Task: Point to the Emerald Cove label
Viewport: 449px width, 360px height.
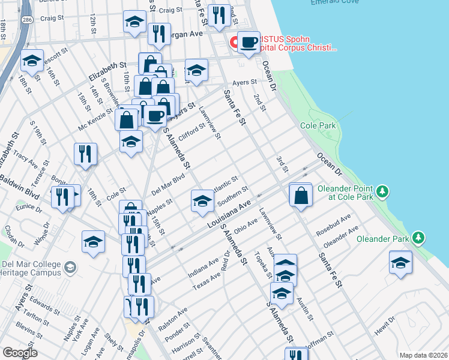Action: click(x=334, y=3)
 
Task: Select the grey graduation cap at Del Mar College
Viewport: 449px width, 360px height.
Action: click(x=70, y=266)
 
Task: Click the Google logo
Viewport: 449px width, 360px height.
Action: click(x=20, y=353)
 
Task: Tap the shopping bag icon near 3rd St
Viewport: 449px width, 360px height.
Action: click(x=300, y=195)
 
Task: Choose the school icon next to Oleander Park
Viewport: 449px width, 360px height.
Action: click(x=401, y=263)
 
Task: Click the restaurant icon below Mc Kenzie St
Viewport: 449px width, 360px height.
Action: click(x=85, y=154)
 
